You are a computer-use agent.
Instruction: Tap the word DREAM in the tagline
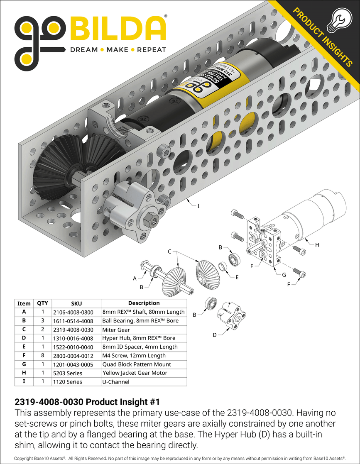84,50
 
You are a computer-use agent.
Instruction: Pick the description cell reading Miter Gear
116,330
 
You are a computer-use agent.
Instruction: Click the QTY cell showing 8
42,355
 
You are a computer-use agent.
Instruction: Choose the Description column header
144,303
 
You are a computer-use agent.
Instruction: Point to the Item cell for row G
24,364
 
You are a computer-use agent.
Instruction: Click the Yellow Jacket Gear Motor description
135,373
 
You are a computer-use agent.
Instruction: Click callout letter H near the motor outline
317,245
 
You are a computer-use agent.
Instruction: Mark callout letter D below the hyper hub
214,335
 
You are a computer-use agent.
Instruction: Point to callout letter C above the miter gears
169,252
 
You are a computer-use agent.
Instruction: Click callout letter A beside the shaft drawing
135,279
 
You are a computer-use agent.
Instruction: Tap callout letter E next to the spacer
237,277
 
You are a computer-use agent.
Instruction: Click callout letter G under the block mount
284,275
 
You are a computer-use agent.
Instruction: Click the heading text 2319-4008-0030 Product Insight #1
87,402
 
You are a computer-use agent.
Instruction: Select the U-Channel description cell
116,381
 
